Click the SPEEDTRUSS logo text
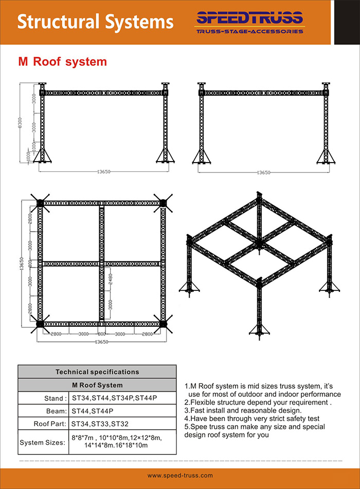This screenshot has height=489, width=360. [249, 19]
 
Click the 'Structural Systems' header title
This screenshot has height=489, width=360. [95, 22]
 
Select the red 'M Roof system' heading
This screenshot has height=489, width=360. [63, 62]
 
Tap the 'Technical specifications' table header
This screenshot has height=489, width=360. [97, 371]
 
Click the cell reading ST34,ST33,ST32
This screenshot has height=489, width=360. [100, 425]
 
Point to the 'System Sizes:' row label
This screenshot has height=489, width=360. [43, 442]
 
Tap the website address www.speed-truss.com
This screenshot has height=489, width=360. [180, 476]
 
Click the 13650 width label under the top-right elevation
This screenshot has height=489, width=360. [263, 173]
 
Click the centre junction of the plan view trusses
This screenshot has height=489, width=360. [101, 264]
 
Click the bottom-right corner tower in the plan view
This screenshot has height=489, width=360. [164, 324]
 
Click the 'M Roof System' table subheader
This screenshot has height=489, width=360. [97, 385]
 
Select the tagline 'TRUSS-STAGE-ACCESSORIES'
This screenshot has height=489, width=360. [249, 31]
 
